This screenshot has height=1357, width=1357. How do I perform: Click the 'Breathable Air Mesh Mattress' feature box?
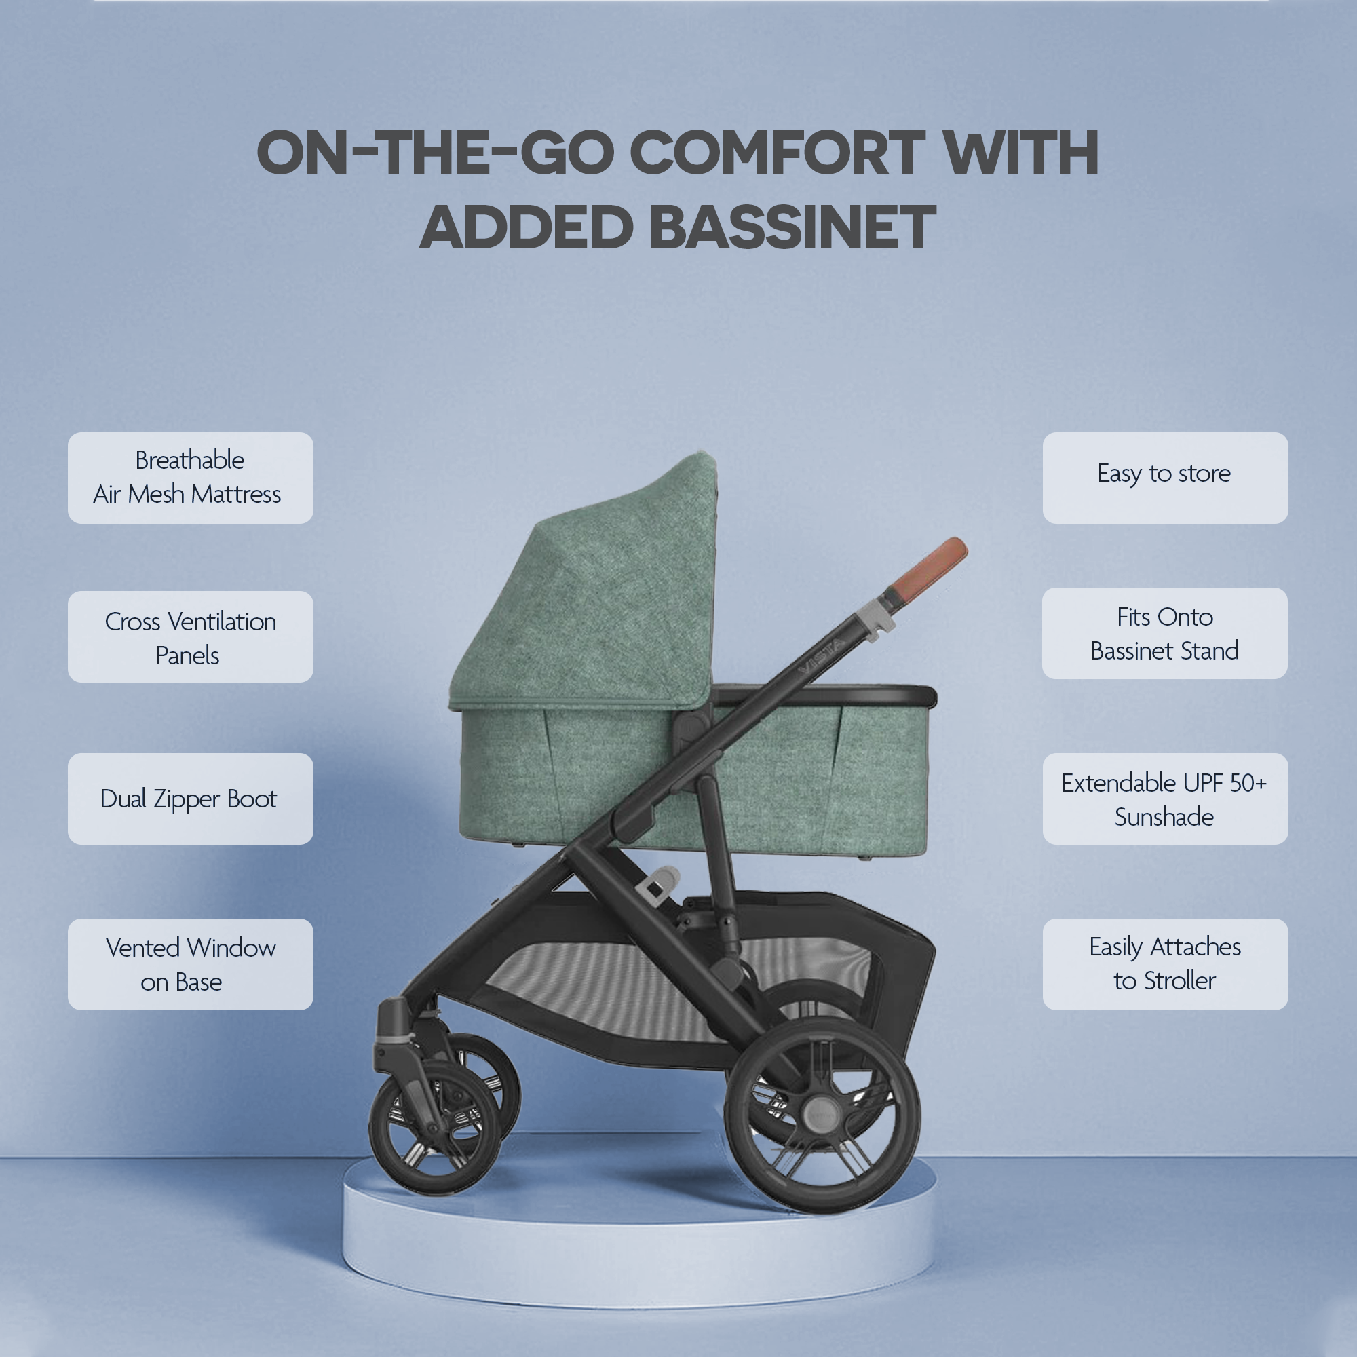tap(191, 478)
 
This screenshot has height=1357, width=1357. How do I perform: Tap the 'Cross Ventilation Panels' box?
tap(191, 636)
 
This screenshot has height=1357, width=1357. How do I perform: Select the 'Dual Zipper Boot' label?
tap(191, 799)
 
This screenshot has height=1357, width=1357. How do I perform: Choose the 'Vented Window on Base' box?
tap(191, 964)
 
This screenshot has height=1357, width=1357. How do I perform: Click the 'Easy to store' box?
tap(1164, 478)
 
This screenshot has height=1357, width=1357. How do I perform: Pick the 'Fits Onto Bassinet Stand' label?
tap(1164, 633)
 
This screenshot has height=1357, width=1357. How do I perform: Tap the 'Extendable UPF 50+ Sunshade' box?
tap(1164, 799)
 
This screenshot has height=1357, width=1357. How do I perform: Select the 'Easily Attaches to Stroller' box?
tap(1164, 964)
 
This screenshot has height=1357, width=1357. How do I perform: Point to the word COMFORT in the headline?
tap(777, 153)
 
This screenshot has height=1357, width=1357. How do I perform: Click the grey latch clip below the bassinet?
tap(659, 882)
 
